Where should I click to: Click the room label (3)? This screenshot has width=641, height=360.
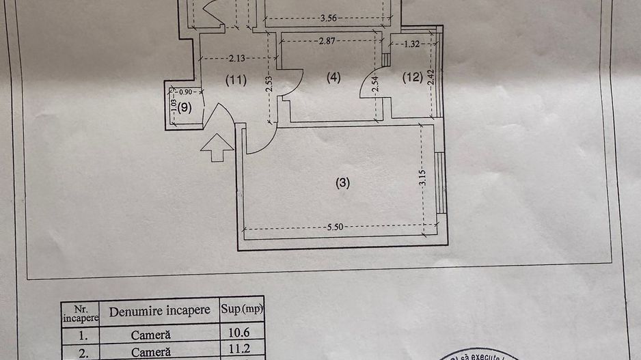point(342,182)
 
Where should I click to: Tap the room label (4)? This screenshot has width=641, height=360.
point(333,78)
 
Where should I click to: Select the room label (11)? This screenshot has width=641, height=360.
point(236,80)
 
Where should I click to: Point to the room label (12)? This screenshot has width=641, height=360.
point(412,78)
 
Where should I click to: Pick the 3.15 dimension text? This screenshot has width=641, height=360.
point(423,178)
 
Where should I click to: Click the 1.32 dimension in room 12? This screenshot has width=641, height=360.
point(411,45)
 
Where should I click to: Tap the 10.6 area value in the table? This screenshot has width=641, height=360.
point(241,335)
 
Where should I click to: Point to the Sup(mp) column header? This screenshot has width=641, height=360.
point(241,309)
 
